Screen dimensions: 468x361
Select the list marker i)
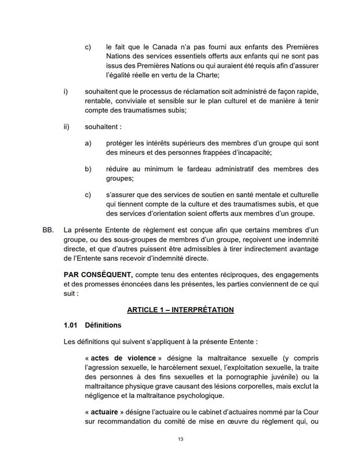coord(65,92)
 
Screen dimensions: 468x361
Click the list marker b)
coord(89,169)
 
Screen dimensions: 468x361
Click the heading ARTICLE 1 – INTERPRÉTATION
coord(180,310)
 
